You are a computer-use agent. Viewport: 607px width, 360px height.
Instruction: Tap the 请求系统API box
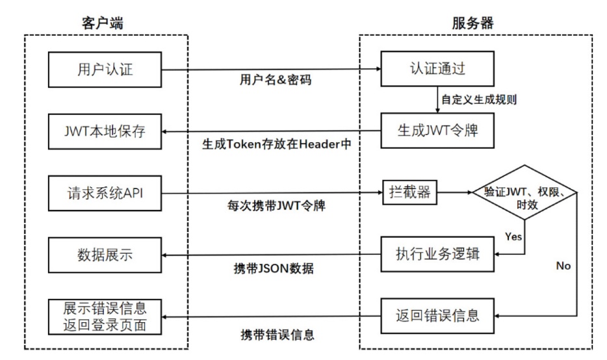(105, 192)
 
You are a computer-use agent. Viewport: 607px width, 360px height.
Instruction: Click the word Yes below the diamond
(513, 237)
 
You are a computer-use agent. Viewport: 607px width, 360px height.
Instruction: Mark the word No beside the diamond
(564, 266)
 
